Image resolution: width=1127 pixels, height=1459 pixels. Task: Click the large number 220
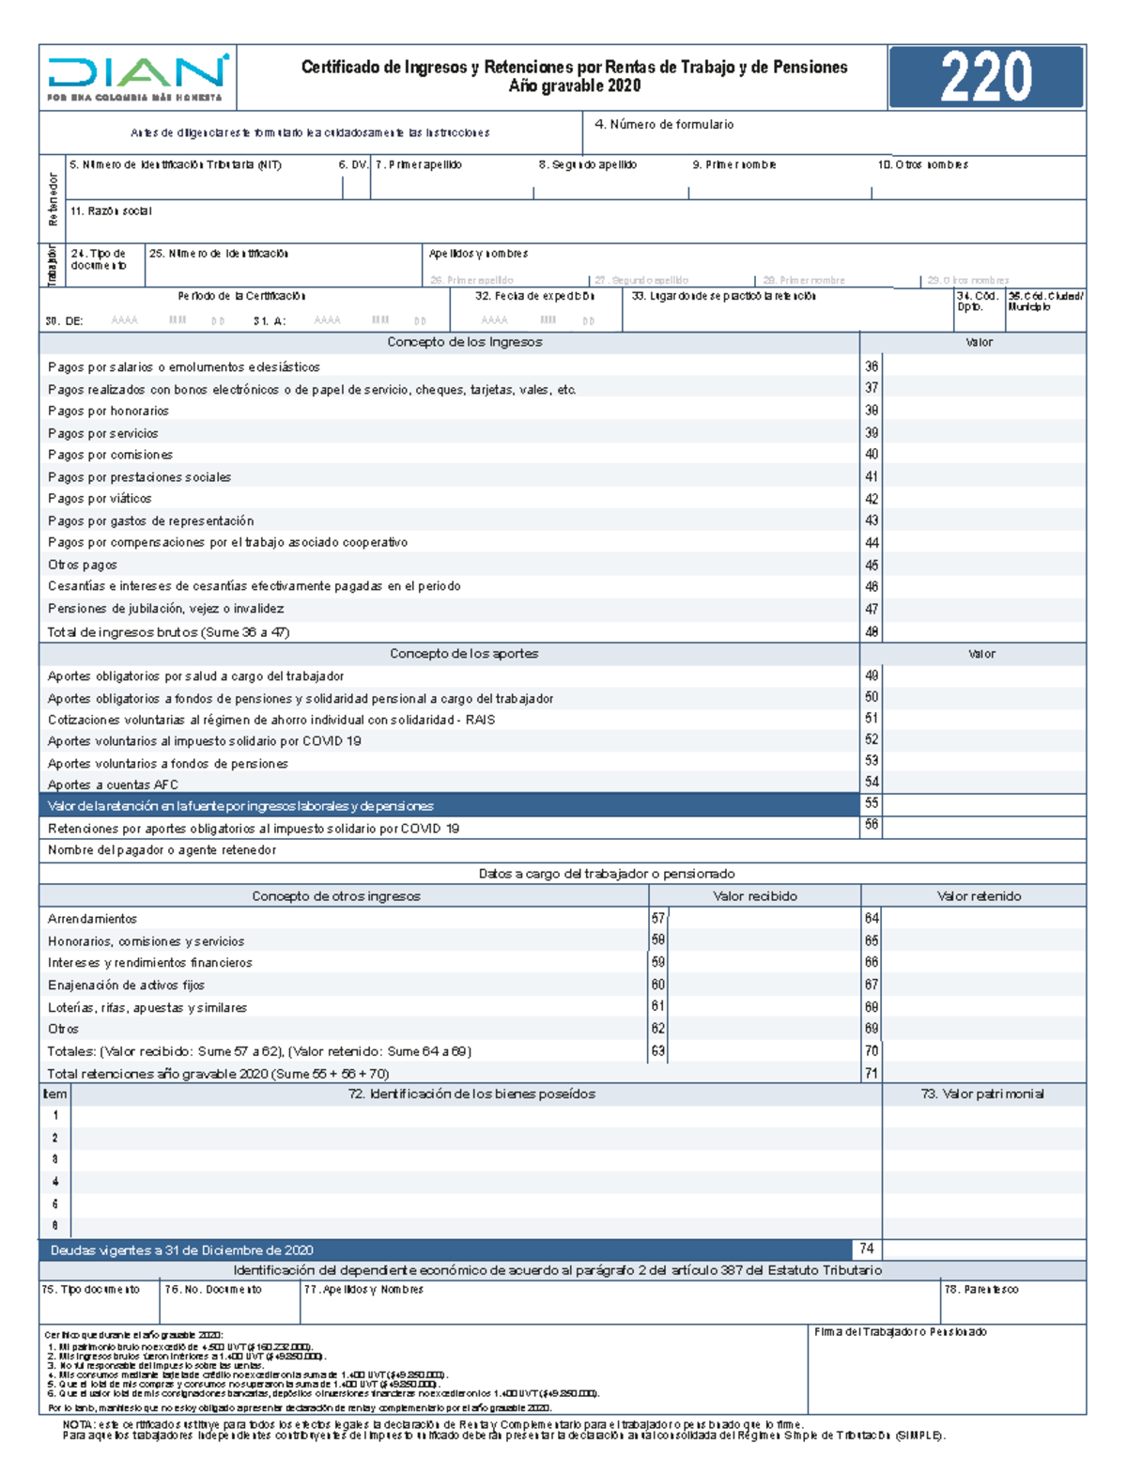(986, 77)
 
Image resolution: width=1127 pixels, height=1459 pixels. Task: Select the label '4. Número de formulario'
(664, 124)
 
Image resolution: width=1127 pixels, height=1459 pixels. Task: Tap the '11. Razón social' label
(111, 211)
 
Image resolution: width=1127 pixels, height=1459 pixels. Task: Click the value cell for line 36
(983, 366)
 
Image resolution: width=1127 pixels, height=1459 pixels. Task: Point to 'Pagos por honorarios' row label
(109, 411)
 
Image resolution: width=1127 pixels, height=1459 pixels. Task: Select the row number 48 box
(872, 631)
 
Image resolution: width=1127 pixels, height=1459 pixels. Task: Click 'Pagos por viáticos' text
(100, 499)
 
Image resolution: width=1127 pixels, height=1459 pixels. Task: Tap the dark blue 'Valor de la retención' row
(449, 806)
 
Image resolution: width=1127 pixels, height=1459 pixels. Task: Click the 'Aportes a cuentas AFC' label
(113, 784)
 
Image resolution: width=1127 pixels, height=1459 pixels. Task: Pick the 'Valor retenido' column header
(979, 896)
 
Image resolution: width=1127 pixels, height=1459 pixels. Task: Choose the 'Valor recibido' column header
(754, 896)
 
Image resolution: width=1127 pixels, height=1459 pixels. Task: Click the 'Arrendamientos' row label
(93, 919)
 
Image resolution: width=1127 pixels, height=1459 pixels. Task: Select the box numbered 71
(872, 1073)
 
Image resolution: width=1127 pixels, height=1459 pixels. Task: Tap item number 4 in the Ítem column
(55, 1182)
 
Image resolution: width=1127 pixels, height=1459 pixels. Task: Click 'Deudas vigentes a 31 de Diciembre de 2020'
(182, 1250)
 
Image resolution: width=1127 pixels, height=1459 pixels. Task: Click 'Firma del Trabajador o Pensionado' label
(900, 1332)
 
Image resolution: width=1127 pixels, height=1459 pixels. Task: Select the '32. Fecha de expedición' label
(534, 296)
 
